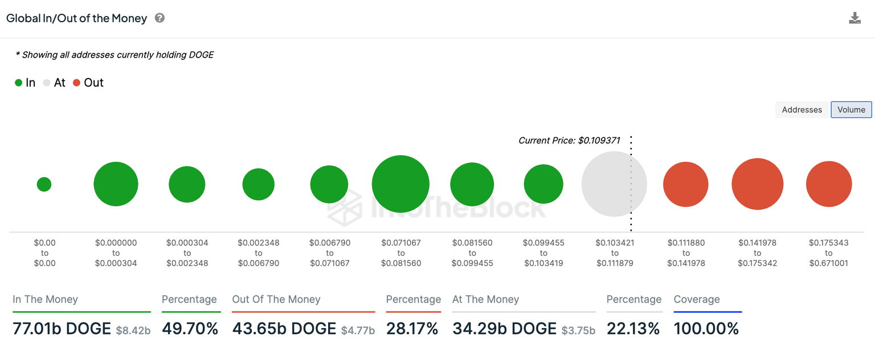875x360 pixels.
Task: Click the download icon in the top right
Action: tap(854, 18)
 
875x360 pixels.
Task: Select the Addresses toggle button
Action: tap(802, 110)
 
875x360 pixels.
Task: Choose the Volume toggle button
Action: tap(851, 110)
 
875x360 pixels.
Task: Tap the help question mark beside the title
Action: tap(160, 18)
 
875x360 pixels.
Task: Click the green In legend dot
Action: tap(19, 83)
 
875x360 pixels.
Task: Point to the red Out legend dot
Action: tap(76, 83)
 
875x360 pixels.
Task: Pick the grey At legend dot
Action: tap(47, 83)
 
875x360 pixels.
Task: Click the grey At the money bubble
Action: tap(614, 184)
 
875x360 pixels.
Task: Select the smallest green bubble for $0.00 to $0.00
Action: tap(44, 184)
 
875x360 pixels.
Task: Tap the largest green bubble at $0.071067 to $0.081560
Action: tap(400, 184)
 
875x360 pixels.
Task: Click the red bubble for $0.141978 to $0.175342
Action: tap(757, 184)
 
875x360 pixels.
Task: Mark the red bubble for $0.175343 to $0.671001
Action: tap(828, 184)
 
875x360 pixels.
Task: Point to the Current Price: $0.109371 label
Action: tap(569, 140)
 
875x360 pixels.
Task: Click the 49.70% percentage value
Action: tap(190, 329)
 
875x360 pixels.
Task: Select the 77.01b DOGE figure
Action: tap(62, 329)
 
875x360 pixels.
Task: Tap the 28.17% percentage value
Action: tap(412, 329)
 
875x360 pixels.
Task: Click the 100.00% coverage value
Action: tap(706, 329)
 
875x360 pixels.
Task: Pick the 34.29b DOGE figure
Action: tap(504, 329)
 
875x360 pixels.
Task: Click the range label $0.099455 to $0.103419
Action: tap(543, 253)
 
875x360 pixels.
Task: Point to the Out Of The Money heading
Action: tap(276, 300)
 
